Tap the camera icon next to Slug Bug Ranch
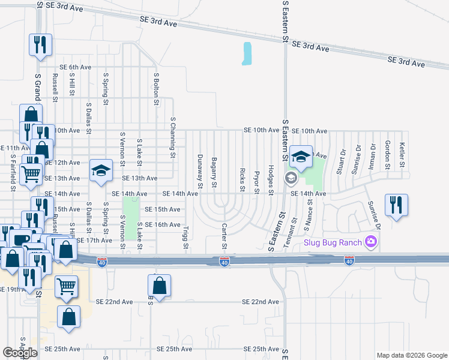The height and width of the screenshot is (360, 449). [371, 242]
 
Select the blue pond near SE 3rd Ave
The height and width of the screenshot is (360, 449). [247, 54]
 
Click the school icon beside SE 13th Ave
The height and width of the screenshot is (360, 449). [101, 170]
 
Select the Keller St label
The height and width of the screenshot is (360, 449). [402, 154]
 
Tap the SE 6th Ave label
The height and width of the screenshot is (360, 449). [74, 67]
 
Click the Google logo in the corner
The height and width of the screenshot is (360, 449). [20, 353]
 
